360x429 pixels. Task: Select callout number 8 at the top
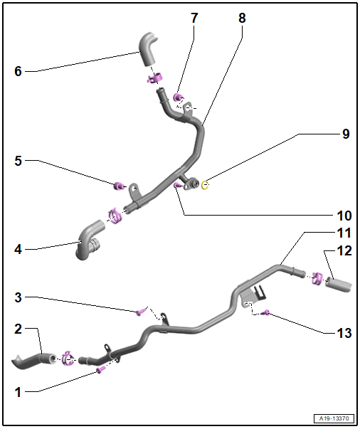(242, 17)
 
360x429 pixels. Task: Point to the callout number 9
(345, 133)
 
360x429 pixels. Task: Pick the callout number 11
(343, 233)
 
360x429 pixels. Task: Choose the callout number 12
(344, 250)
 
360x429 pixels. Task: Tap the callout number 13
(344, 332)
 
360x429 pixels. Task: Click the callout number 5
(18, 161)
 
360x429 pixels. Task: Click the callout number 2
(18, 329)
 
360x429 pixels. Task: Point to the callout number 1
(18, 391)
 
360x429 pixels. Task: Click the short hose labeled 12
(338, 285)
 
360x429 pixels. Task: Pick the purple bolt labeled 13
(265, 312)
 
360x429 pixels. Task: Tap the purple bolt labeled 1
(100, 370)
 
